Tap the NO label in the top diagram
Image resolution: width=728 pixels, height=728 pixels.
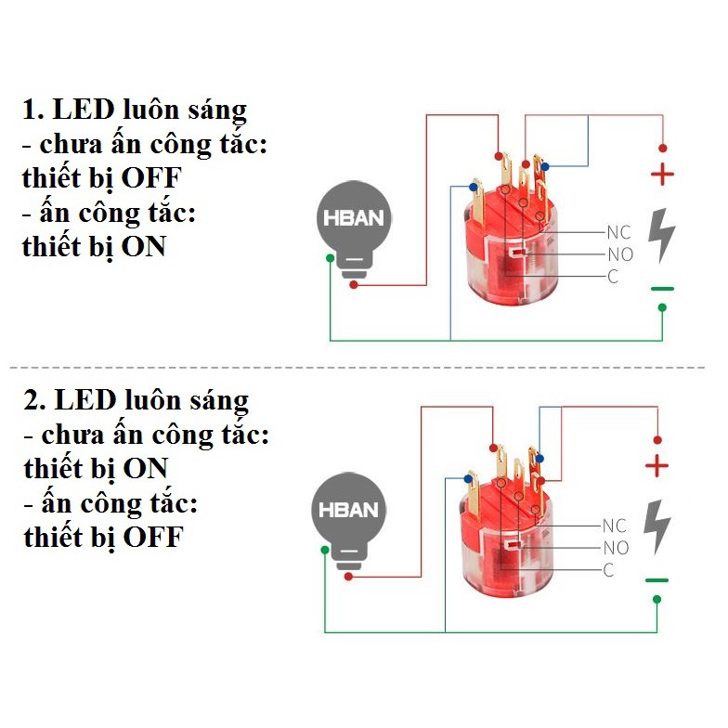coord(620,254)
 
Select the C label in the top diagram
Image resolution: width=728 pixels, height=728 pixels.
coord(613,277)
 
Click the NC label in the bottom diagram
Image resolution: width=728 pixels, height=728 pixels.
coord(614,526)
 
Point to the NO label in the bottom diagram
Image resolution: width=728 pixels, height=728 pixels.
coord(617,548)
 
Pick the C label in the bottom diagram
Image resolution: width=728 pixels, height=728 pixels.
coord(608,570)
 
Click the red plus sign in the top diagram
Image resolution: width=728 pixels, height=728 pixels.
coord(662,174)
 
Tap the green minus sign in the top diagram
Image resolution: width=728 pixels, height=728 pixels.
coord(662,289)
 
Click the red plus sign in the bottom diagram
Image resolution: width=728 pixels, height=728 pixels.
coord(656,466)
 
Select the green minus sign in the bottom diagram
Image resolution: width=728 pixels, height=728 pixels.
coord(656,580)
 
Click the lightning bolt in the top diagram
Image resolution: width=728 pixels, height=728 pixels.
coord(661,233)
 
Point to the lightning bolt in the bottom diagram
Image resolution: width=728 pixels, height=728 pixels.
coord(656,524)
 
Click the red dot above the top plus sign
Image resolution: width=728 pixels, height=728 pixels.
coord(662,148)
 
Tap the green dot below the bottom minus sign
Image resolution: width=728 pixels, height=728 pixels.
coord(656,599)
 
